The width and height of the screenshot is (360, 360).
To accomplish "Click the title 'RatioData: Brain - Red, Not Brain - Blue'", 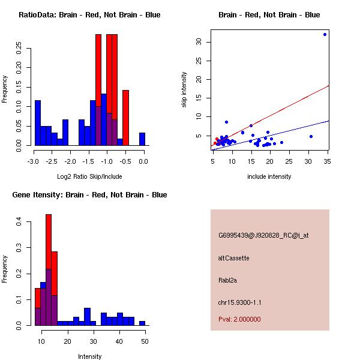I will pyautogui.click(x=89, y=15).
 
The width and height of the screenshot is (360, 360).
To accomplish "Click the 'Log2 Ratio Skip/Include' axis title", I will pyautogui.click(x=89, y=176).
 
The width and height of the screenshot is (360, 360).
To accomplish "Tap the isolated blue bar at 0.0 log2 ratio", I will pyautogui.click(x=142, y=139).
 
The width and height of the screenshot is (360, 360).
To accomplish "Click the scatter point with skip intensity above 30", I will pyautogui.click(x=325, y=34).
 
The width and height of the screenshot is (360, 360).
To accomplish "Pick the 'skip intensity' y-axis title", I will pyautogui.click(x=184, y=90).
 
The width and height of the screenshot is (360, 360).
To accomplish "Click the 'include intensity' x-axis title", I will pyautogui.click(x=269, y=176).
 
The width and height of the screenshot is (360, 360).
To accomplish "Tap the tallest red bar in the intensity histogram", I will pyautogui.click(x=49, y=269).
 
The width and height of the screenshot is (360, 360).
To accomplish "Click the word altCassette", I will pyautogui.click(x=234, y=258).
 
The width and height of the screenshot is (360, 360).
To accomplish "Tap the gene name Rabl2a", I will pyautogui.click(x=229, y=280).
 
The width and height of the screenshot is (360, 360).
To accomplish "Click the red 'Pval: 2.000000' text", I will pyautogui.click(x=239, y=319).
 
